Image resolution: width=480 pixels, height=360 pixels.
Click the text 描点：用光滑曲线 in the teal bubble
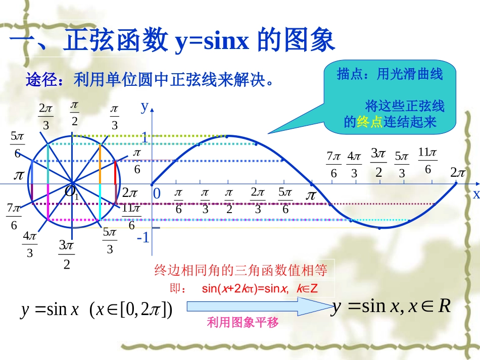pos(390,75)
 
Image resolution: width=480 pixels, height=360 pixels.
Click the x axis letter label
pos(475,195)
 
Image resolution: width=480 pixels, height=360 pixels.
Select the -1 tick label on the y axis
pos(143,237)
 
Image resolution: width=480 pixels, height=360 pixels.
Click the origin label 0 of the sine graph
pos(157,193)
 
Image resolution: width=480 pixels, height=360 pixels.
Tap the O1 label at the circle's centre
pos(71,192)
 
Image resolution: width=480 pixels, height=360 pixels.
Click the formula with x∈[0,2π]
pos(97,310)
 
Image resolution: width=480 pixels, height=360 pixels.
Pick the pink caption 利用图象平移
pos(243,323)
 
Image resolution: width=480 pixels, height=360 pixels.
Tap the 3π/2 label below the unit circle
pos(66,254)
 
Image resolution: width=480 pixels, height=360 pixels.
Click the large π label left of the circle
pos(19,175)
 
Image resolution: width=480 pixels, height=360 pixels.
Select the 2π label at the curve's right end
pos(458,173)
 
